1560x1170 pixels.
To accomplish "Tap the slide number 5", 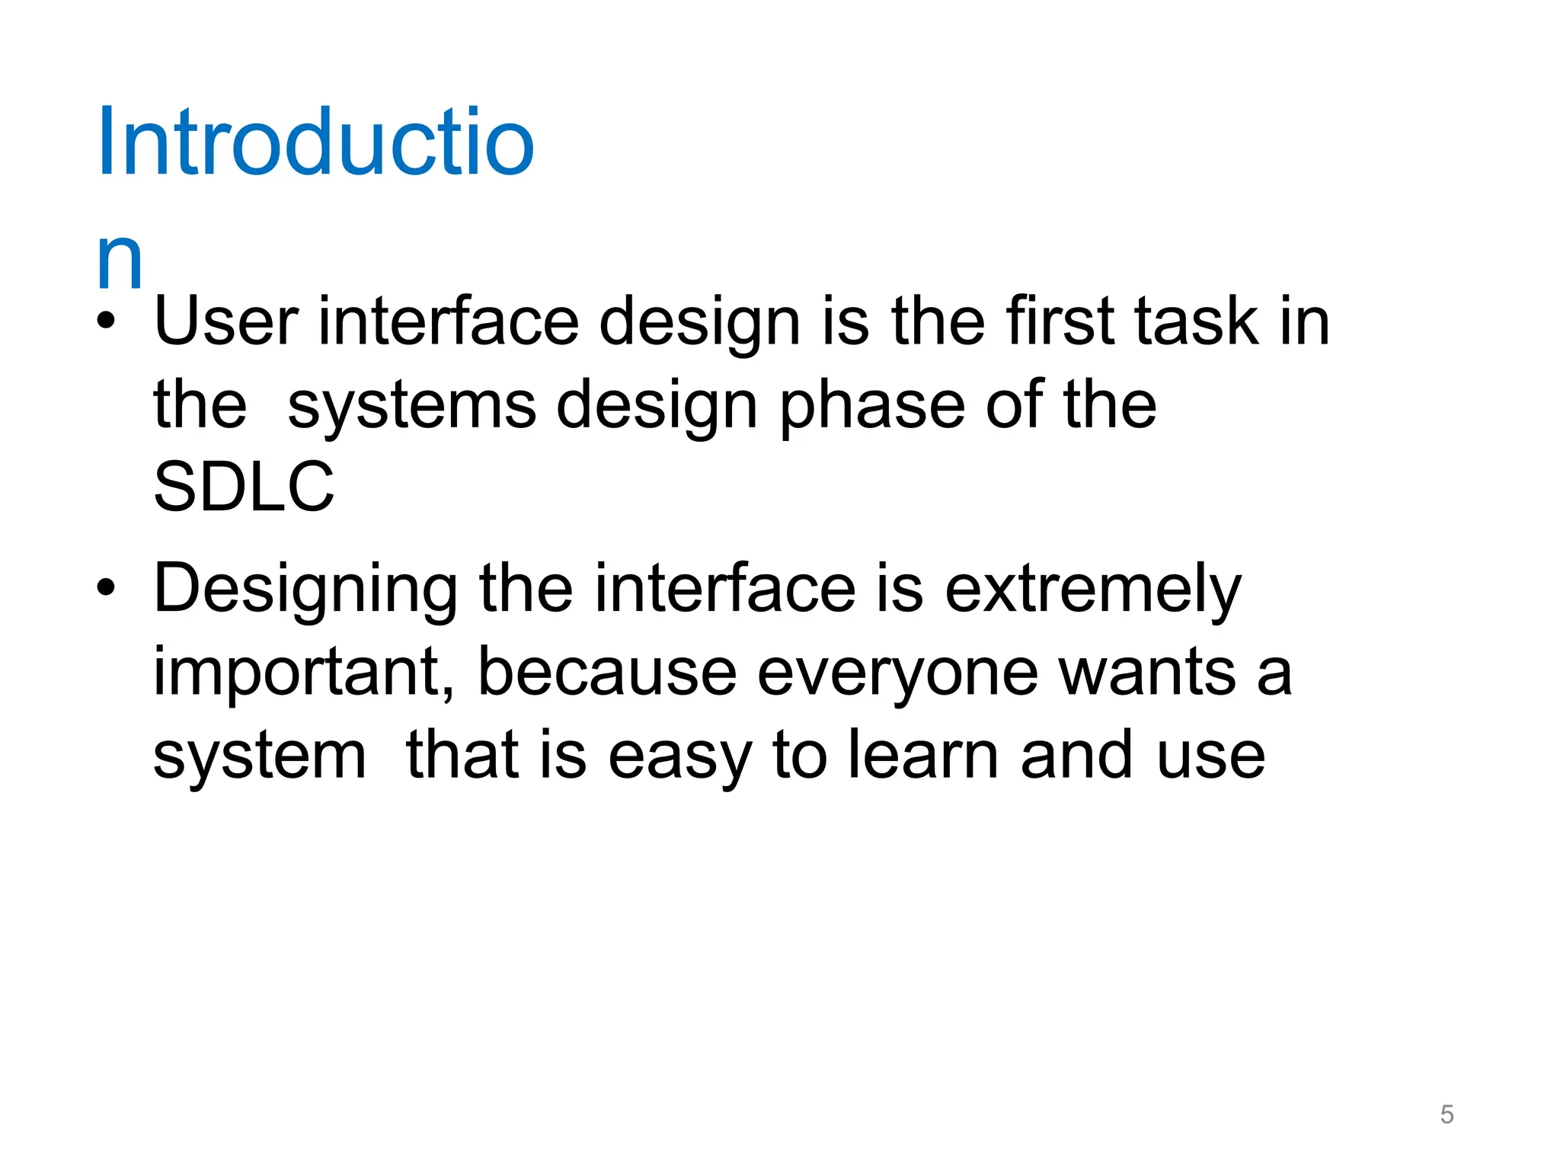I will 1447,1114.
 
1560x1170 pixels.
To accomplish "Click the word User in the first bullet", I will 225,321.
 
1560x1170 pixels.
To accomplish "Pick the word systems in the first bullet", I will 411,406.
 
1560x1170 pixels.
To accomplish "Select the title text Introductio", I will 315,143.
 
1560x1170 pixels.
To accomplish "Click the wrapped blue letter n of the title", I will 120,261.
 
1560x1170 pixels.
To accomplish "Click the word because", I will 606,673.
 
